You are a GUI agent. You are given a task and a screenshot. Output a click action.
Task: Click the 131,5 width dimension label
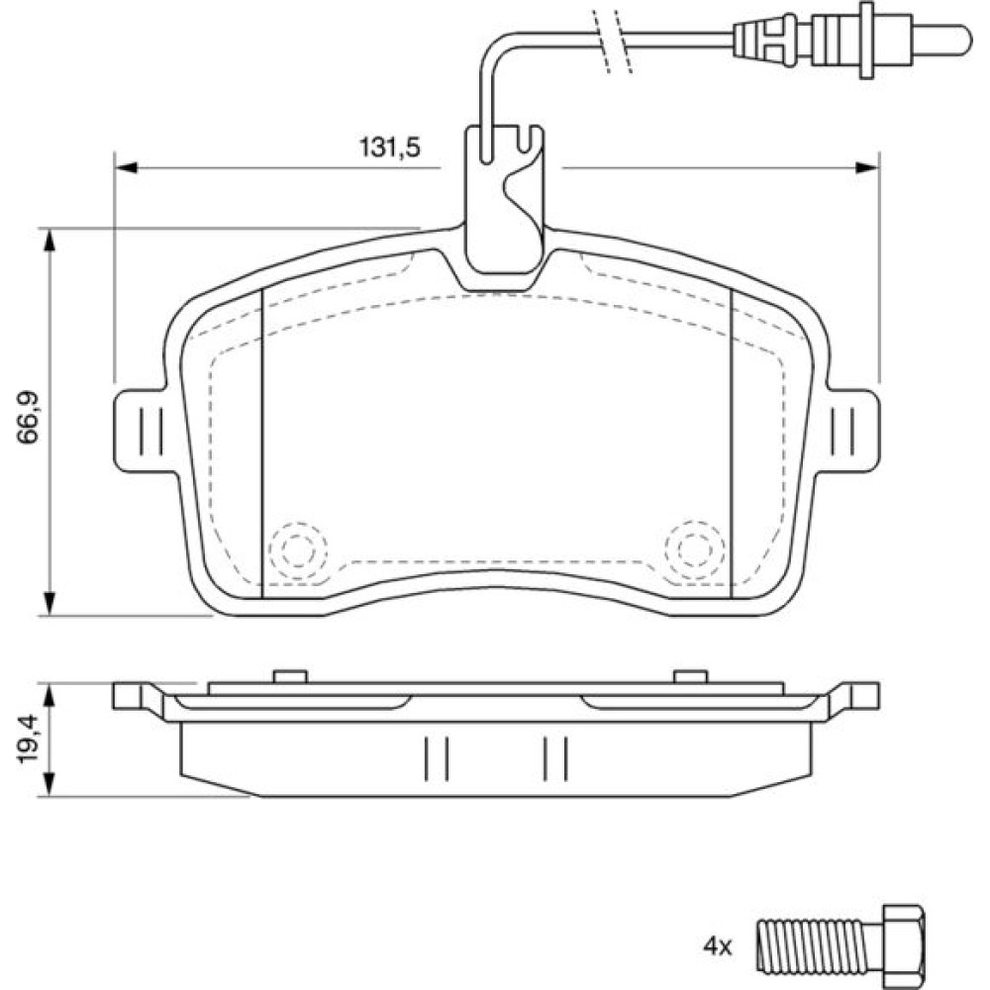coord(389,148)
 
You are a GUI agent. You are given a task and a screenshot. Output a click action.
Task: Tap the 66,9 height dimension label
coord(29,418)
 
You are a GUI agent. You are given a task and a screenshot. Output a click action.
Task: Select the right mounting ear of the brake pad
coord(849,430)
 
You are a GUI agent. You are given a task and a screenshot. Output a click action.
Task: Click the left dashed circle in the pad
coord(298,550)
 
